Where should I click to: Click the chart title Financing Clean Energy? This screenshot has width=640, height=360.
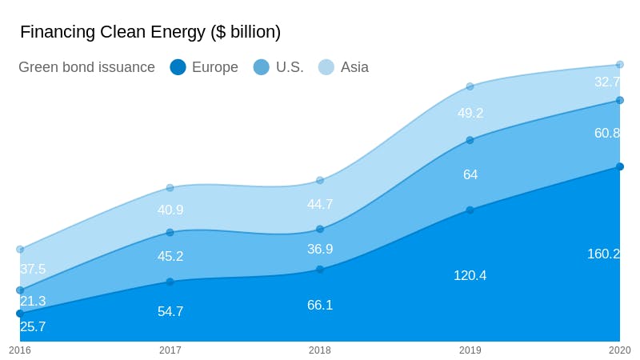[x=150, y=32]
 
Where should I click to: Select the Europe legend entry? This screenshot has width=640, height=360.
[x=204, y=67]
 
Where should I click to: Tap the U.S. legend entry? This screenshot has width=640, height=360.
[x=278, y=67]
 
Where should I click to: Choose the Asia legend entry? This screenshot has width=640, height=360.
[x=344, y=67]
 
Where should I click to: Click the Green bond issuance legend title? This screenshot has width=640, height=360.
[x=86, y=67]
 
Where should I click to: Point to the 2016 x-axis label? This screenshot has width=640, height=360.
[x=20, y=350]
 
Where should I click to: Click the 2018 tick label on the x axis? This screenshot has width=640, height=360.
[x=320, y=350]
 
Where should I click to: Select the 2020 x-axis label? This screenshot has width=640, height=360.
[x=619, y=350]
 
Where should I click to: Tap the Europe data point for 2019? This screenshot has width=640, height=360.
[x=470, y=210]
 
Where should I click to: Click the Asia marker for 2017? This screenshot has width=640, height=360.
[x=170, y=188]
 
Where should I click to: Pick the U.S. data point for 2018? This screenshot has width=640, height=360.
[x=320, y=229]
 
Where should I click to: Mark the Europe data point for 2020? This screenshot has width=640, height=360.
[x=620, y=166]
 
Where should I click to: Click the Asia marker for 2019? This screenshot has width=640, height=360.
[x=470, y=86]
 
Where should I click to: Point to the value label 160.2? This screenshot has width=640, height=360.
[x=603, y=254]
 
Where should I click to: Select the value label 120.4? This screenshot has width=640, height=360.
[x=470, y=275]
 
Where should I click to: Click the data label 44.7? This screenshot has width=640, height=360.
[x=320, y=204]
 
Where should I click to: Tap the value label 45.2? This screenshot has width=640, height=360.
[x=170, y=256]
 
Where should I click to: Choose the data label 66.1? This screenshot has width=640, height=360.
[x=320, y=305]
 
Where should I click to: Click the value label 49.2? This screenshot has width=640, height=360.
[x=470, y=113]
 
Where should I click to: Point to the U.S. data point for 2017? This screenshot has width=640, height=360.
[x=170, y=233]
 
